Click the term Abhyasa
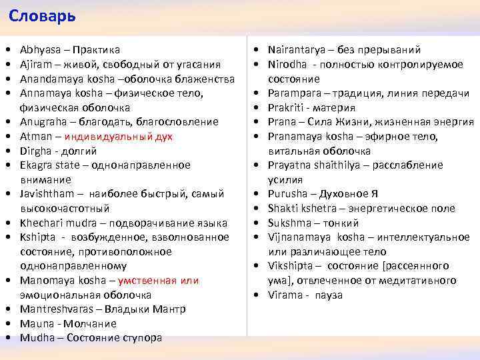point(41,50)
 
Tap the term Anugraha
point(43,122)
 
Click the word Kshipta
point(37,237)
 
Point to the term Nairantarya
point(296,50)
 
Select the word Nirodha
point(287,65)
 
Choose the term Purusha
point(288,194)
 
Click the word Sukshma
point(289,223)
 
